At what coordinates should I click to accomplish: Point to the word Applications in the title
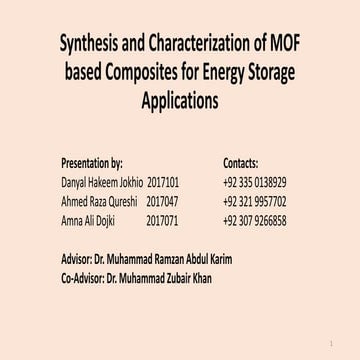click(x=180, y=100)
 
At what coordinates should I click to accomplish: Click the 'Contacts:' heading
click(x=240, y=161)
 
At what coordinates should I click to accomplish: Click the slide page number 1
click(x=342, y=340)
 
